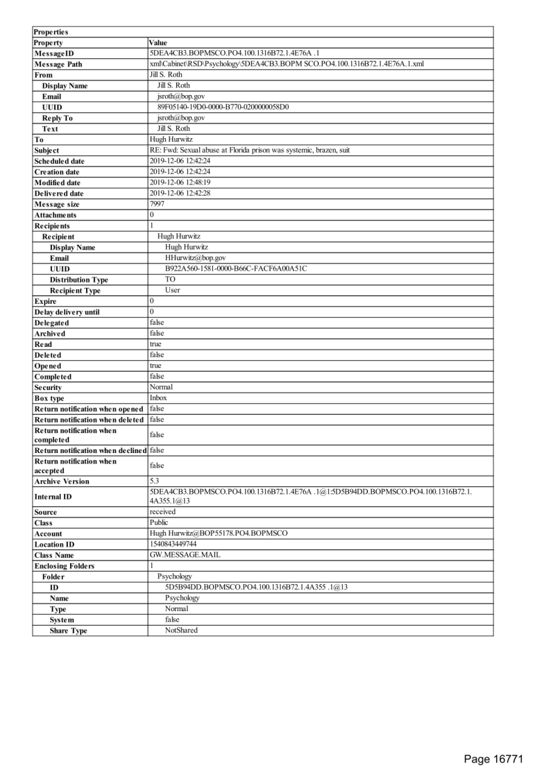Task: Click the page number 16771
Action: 493,758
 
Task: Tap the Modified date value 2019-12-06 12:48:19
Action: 180,182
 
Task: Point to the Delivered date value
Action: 180,193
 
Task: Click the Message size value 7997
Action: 157,204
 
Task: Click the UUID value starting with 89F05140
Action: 223,108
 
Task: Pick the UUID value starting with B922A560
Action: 236,268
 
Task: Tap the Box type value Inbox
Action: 158,398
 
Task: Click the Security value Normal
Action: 161,387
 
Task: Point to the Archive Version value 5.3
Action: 154,481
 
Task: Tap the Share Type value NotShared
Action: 181,631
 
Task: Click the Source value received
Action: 162,512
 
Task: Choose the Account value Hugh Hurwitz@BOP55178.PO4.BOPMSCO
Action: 219,533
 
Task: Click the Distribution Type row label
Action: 78,280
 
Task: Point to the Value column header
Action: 159,43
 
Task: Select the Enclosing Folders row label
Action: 64,566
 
